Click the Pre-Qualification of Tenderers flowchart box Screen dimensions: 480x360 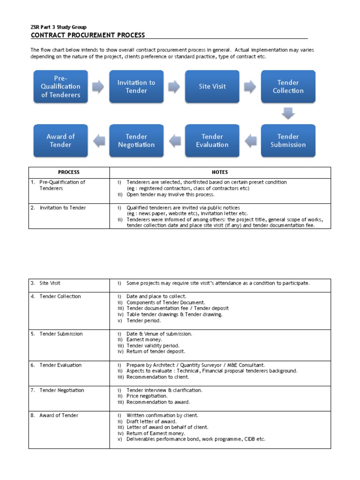click(60, 87)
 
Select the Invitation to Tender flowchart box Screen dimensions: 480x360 click(136, 87)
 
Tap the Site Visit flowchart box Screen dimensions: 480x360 click(212, 87)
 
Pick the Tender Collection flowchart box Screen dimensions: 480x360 click(288, 87)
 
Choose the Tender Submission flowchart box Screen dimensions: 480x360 click(288, 141)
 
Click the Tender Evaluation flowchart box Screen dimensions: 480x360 click(212, 141)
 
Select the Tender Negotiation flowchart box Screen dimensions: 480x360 click(136, 141)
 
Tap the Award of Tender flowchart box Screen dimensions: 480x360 click(60, 141)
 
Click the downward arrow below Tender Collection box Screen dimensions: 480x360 click(288, 113)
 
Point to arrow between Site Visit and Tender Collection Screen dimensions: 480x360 click(250, 86)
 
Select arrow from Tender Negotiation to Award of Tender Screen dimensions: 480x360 click(98, 140)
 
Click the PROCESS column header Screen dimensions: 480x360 click(69, 172)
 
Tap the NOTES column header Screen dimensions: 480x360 click(220, 172)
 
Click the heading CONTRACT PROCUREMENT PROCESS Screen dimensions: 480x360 click(88, 35)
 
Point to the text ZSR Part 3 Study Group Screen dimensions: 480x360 click(59, 27)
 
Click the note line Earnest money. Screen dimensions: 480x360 click(144, 339)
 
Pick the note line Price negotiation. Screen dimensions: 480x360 click(147, 396)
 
